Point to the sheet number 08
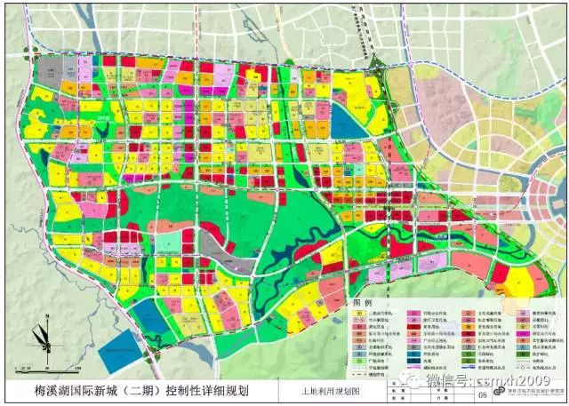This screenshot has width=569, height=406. [x=482, y=394]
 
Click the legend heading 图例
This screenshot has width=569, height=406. [x=363, y=303]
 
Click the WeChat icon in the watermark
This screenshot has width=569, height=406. [x=411, y=380]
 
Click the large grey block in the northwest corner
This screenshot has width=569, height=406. [x=50, y=74]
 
